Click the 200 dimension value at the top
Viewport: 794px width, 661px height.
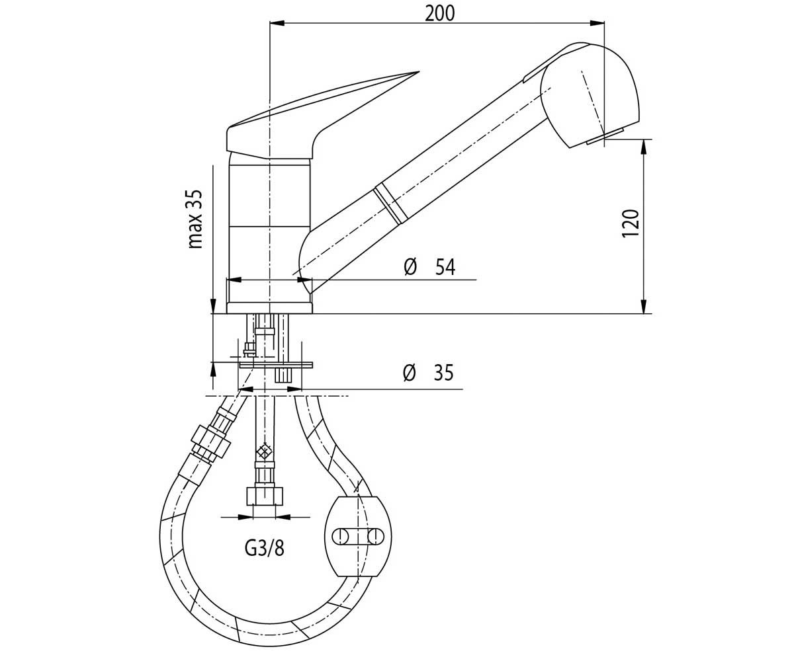click(439, 14)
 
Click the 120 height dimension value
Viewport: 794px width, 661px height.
click(631, 223)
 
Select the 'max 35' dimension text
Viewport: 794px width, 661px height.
click(195, 219)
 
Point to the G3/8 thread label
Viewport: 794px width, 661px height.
click(264, 549)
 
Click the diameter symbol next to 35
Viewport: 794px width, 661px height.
click(409, 373)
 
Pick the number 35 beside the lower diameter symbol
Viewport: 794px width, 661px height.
click(444, 373)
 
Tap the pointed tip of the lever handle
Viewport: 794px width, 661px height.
click(419, 72)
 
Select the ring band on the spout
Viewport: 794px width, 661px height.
click(388, 205)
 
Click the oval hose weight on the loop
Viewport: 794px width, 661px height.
click(358, 536)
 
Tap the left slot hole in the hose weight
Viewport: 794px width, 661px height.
click(340, 536)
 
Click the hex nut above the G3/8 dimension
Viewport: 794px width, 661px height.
click(265, 496)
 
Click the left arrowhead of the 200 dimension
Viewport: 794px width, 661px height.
click(277, 23)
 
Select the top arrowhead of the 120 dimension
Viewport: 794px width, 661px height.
click(643, 147)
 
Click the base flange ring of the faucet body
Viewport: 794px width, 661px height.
click(269, 308)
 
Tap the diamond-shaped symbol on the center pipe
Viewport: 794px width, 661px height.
click(263, 452)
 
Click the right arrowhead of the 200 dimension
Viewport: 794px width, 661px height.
click(597, 23)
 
